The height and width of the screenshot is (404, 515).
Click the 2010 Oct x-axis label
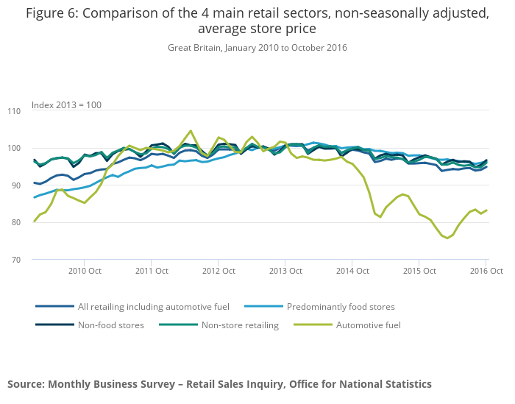[84, 271]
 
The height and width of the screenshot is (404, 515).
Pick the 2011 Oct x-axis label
[151, 271]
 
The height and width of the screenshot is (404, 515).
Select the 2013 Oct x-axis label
[285, 271]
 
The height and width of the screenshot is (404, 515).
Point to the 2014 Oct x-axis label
[352, 271]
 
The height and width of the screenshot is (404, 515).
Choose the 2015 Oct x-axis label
[419, 271]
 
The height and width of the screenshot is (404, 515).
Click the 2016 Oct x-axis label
[486, 271]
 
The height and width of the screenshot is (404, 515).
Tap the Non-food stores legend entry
[110, 325]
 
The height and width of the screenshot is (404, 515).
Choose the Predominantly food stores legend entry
[341, 306]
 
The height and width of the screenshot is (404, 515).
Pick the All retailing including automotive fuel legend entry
[154, 306]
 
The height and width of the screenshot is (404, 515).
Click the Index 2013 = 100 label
[66, 105]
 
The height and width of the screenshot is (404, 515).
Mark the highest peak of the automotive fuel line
[191, 131]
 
